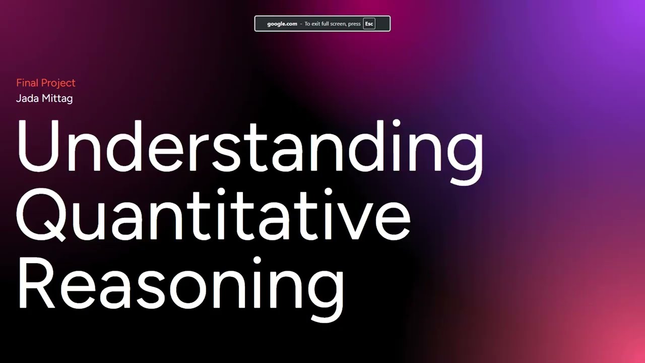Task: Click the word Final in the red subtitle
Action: click(27, 83)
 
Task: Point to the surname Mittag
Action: click(57, 99)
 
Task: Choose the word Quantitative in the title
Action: click(214, 216)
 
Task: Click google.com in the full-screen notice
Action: click(282, 24)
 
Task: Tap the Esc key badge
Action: click(369, 24)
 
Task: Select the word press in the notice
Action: click(354, 24)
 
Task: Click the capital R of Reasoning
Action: click(35, 283)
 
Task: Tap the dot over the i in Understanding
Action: click(397, 124)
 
